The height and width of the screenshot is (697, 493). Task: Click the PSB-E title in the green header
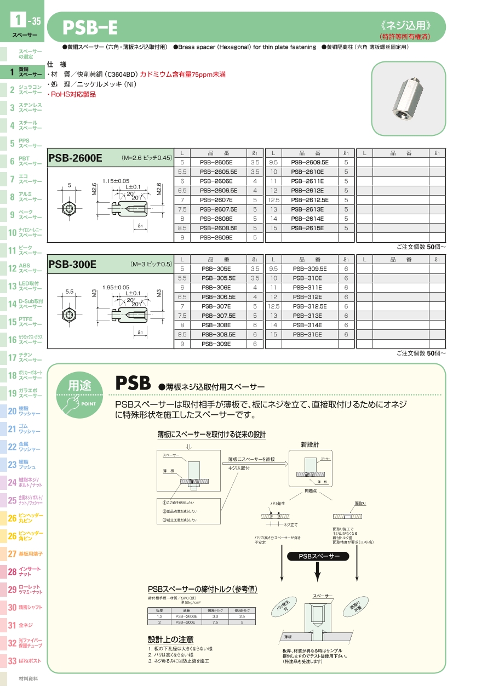point(90,27)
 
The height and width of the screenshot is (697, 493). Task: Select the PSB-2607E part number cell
point(216,200)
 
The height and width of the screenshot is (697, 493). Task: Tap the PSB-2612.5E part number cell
point(309,200)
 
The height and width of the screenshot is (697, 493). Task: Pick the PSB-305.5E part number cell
point(216,278)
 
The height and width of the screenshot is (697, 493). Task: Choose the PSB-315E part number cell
point(307,334)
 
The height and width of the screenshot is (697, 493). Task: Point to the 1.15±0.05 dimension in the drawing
point(116,181)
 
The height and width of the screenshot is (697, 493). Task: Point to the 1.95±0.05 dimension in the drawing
point(116,287)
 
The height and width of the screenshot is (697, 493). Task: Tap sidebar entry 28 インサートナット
point(25,572)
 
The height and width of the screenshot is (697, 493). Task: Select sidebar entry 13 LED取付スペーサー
point(25,285)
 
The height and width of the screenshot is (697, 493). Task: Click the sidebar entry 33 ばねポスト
point(25,661)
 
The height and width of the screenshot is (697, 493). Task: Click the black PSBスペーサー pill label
point(317,556)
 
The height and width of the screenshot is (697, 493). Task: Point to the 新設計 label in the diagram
point(309,444)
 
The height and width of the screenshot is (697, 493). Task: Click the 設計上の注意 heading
point(170,639)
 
